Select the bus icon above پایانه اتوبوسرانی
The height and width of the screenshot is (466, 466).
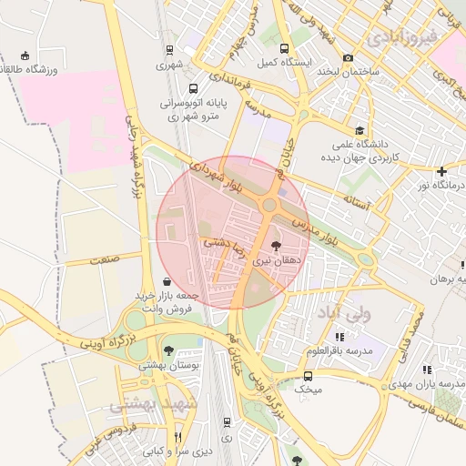[x=193, y=89]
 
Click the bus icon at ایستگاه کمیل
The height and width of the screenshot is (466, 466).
[x=284, y=49]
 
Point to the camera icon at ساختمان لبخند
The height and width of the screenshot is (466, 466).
[x=349, y=58]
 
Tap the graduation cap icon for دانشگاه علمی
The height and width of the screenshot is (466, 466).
[x=360, y=131]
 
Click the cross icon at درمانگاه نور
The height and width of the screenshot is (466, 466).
[x=441, y=171]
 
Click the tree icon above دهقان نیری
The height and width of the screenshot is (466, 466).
[x=277, y=245]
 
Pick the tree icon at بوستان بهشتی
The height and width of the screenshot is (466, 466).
[x=167, y=349]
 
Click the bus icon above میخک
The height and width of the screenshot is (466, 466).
[x=308, y=375]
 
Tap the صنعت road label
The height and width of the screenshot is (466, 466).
[x=106, y=260]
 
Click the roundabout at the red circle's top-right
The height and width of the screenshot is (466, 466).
[x=269, y=206]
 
